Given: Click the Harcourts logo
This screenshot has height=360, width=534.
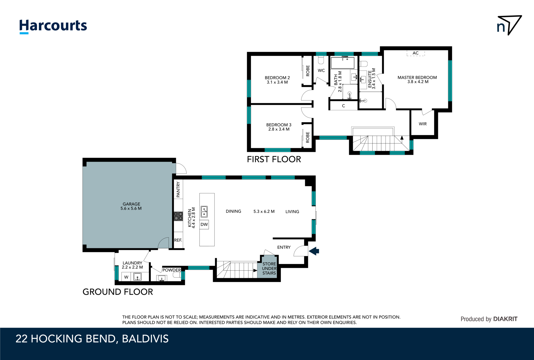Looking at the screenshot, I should pyautogui.click(x=53, y=26).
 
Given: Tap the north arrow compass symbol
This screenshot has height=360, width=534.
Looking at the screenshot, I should pyautogui.click(x=509, y=25).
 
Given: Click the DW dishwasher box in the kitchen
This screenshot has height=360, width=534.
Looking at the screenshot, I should pyautogui.click(x=204, y=225).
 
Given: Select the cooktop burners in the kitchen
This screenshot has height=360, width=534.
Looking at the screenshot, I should pyautogui.click(x=178, y=216).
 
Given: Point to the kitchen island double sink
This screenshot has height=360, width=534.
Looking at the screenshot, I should pyautogui.click(x=204, y=212).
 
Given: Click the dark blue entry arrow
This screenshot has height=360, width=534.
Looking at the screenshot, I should pyautogui.click(x=314, y=251).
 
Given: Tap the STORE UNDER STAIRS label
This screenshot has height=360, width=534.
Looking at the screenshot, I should pyautogui.click(x=269, y=268).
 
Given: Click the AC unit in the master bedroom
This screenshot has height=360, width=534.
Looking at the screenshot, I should pyautogui.click(x=416, y=53).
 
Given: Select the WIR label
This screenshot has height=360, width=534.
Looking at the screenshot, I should pyautogui.click(x=423, y=124).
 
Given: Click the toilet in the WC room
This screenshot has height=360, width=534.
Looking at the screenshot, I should pyautogui.click(x=321, y=61).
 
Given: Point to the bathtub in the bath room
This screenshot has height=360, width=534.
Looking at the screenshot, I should pyautogui.click(x=342, y=63).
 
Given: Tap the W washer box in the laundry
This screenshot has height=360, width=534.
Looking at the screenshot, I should pyautogui.click(x=126, y=277).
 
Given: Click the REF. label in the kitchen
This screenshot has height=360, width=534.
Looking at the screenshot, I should pyautogui.click(x=178, y=240).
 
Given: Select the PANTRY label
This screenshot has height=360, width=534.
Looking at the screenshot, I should pyautogui.click(x=178, y=189).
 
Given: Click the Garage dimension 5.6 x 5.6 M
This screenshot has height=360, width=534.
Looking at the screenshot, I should pyautogui.click(x=131, y=208).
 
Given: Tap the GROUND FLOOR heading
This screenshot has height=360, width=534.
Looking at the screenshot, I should pyautogui.click(x=118, y=292).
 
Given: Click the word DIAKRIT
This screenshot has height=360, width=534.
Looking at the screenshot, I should pyautogui.click(x=505, y=319).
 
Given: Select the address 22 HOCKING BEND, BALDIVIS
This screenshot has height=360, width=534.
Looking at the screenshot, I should pyautogui.click(x=92, y=339).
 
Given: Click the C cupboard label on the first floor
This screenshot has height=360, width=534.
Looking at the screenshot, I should pyautogui.click(x=343, y=106).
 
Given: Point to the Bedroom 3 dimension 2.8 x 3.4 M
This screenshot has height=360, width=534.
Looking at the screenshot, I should pyautogui.click(x=279, y=129).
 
